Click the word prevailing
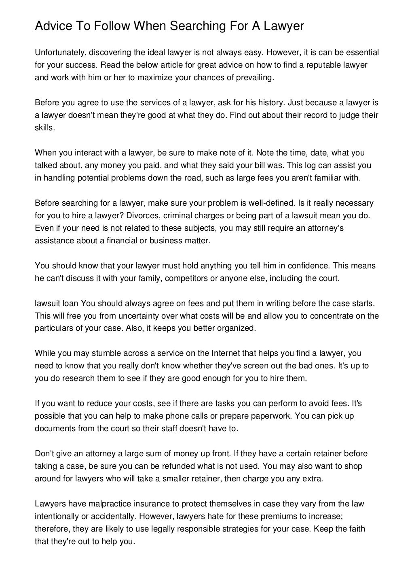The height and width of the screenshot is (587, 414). (253, 77)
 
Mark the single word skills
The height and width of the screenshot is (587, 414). (44, 128)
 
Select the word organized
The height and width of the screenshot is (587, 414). (236, 328)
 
